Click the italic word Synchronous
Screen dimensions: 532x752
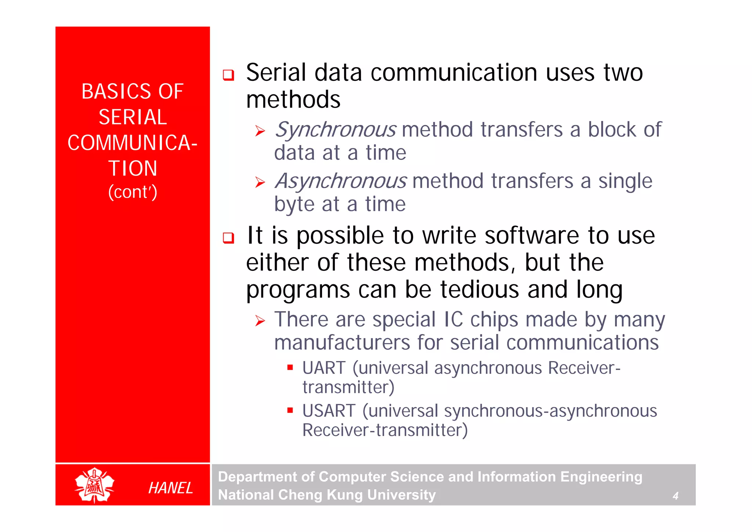click(335, 130)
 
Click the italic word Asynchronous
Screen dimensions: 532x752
click(341, 181)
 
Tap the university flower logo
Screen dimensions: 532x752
click(94, 485)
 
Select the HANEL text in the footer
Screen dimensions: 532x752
click(170, 488)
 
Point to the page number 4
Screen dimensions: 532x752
click(675, 496)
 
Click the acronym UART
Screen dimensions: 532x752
click(324, 368)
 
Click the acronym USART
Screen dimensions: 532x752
click(329, 411)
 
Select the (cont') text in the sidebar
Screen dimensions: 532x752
click(133, 192)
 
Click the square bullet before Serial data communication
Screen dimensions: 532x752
click(228, 75)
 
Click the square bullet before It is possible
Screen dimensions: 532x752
click(228, 238)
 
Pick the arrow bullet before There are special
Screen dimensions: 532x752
click(260, 321)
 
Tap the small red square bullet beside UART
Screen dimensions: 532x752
click(290, 367)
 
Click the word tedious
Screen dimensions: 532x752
click(480, 290)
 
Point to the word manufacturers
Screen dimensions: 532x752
click(342, 343)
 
